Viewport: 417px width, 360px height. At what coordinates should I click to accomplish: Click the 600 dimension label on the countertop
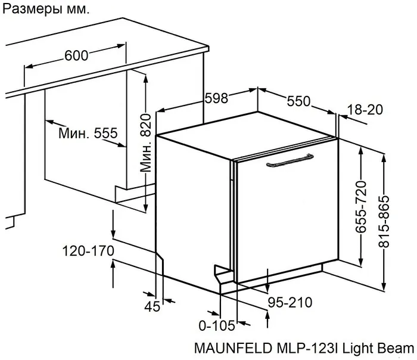pyautogui.click(x=76, y=55)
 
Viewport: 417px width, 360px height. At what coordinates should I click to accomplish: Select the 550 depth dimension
pyautogui.click(x=298, y=102)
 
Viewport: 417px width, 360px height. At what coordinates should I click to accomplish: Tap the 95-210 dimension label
pyautogui.click(x=289, y=303)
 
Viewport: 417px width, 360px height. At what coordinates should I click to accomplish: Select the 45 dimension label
pyautogui.click(x=153, y=307)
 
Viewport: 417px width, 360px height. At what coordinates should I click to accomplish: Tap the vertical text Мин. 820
pyautogui.click(x=147, y=144)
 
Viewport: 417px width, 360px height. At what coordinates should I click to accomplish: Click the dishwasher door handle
pyautogui.click(x=291, y=160)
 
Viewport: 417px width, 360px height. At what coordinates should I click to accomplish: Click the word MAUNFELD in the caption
pyautogui.click(x=228, y=348)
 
